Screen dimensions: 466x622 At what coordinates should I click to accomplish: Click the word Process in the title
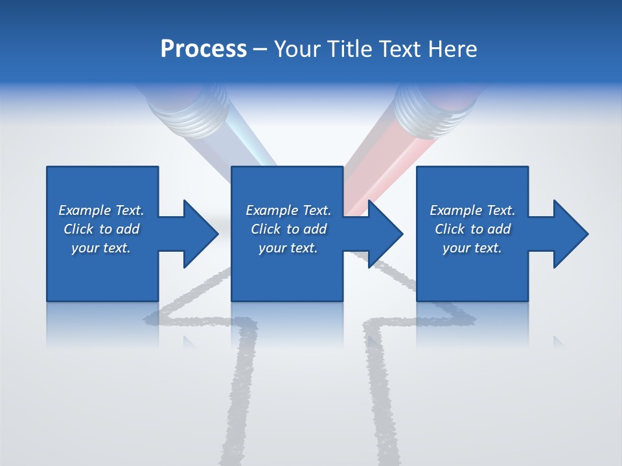click(203, 49)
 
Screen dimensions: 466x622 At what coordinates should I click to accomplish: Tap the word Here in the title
click(452, 49)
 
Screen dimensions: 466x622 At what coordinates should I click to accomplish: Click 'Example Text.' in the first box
click(101, 210)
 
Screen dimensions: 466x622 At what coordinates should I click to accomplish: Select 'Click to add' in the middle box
click(288, 229)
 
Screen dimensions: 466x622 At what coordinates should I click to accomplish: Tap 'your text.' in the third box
click(472, 248)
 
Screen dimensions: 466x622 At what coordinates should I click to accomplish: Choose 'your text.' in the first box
click(101, 248)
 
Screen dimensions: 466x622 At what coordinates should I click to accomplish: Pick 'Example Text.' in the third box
click(472, 210)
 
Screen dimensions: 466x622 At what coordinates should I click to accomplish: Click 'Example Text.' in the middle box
click(288, 210)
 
